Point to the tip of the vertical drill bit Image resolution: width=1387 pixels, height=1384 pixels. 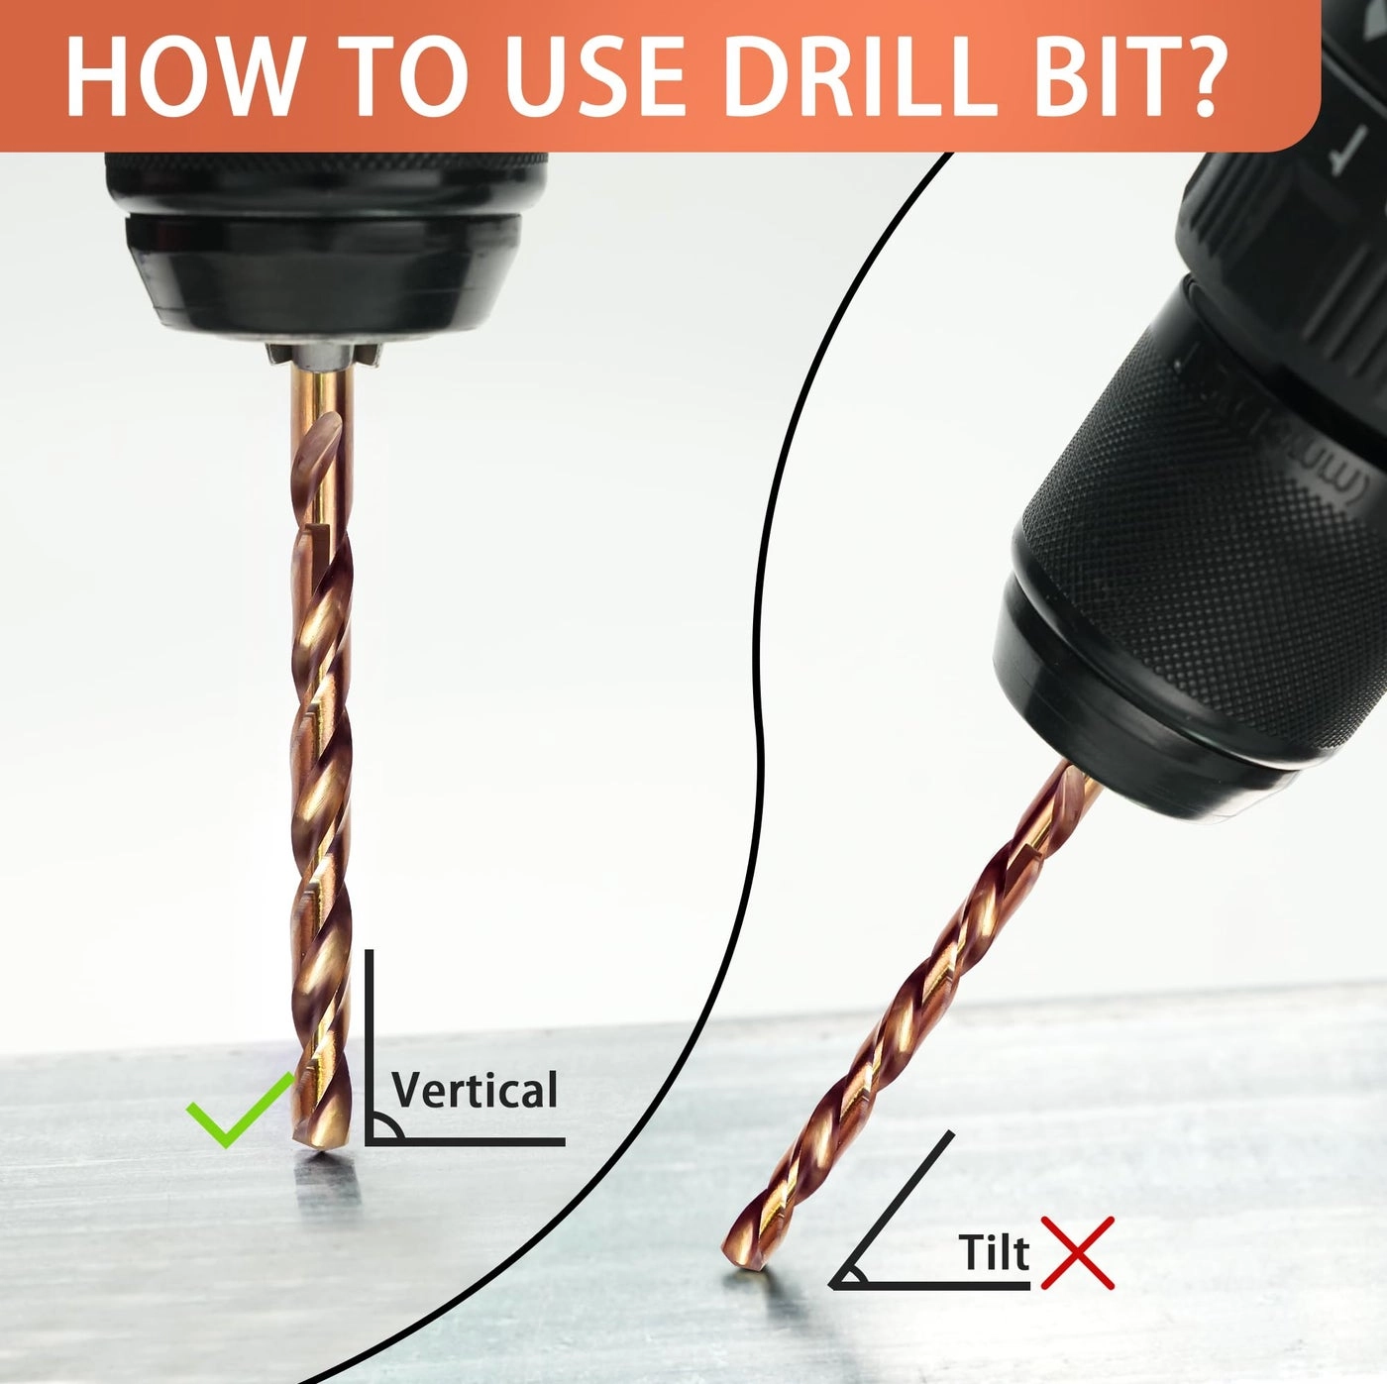(x=322, y=1146)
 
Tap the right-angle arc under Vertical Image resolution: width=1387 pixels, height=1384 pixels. (x=393, y=1127)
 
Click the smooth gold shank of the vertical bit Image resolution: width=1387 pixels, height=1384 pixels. (x=323, y=403)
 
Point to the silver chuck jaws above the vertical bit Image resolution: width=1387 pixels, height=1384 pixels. (x=323, y=355)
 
